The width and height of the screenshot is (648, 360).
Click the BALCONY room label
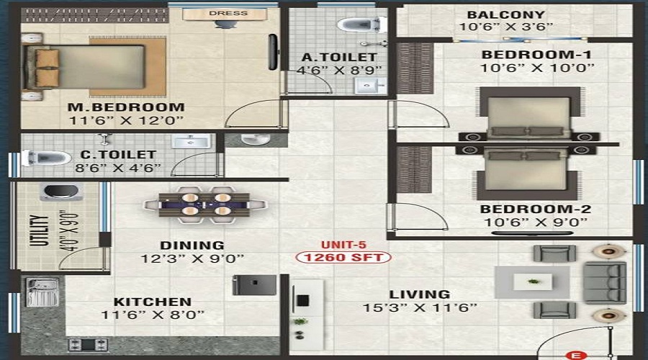pos(506,14)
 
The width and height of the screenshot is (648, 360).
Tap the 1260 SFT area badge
pos(343,258)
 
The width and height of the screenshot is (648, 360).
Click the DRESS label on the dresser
pos(228,13)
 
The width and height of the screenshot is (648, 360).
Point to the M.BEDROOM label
pos(126,107)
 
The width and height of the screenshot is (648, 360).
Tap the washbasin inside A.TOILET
pos(370,86)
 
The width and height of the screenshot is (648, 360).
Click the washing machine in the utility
pos(61,192)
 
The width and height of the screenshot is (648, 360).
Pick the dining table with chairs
pos(205,204)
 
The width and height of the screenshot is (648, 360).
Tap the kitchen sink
pos(42,292)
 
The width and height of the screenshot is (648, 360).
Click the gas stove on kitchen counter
pos(88,345)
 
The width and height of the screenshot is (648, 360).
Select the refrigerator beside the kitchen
pos(254,285)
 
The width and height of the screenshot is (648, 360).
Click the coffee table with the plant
pos(532,282)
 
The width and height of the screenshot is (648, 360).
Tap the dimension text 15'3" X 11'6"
pos(420,308)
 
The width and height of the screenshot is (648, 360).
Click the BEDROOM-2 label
pos(535,209)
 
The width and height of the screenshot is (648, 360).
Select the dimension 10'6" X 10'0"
pos(537,68)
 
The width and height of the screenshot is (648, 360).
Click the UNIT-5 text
pos(343,245)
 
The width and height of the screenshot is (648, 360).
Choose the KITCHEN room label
pos(153,302)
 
